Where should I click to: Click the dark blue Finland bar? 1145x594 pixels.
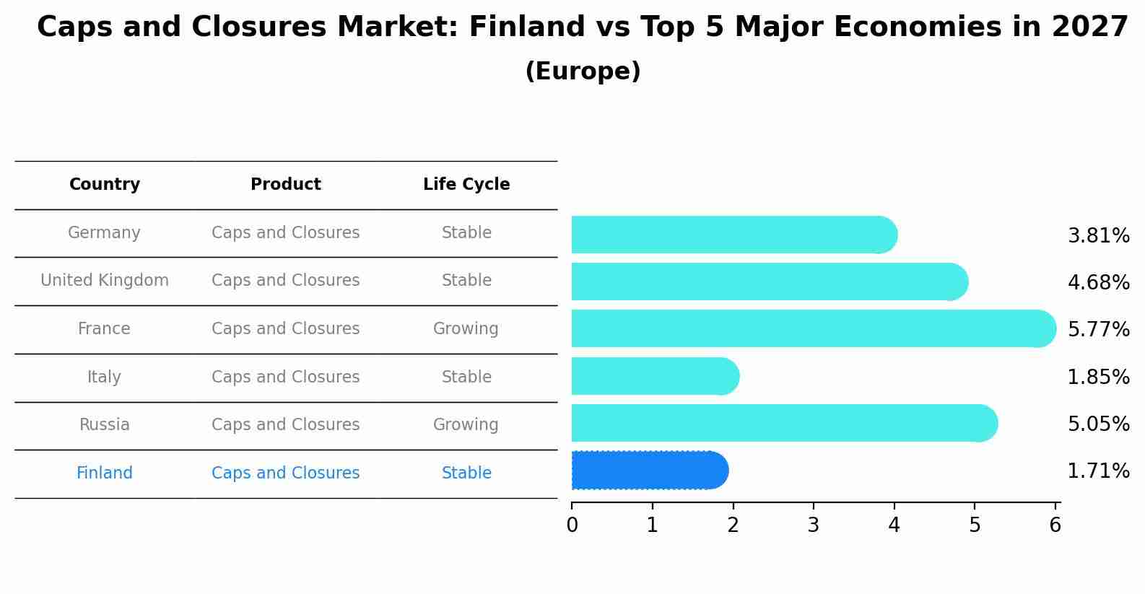click(650, 471)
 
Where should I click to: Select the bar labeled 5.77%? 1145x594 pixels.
click(814, 328)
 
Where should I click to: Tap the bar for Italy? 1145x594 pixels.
click(656, 376)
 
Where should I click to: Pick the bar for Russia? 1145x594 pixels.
click(785, 423)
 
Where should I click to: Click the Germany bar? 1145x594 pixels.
click(734, 235)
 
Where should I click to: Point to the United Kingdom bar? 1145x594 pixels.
click(770, 281)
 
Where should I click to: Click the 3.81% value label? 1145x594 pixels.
click(1099, 236)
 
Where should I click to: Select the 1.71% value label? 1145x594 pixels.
click(1099, 471)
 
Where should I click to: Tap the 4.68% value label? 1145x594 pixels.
click(1099, 283)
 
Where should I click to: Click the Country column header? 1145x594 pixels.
click(105, 184)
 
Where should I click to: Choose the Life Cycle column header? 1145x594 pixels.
click(466, 184)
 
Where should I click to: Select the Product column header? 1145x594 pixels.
click(286, 184)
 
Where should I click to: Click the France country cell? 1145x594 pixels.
click(104, 328)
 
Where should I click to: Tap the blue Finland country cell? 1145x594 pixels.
click(105, 473)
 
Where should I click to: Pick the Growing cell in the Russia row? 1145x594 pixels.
click(466, 425)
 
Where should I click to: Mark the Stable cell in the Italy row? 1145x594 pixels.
click(466, 377)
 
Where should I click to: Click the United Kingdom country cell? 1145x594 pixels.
click(105, 281)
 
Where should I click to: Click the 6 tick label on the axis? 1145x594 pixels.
click(1055, 525)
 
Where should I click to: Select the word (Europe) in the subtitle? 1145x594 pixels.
click(583, 71)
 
